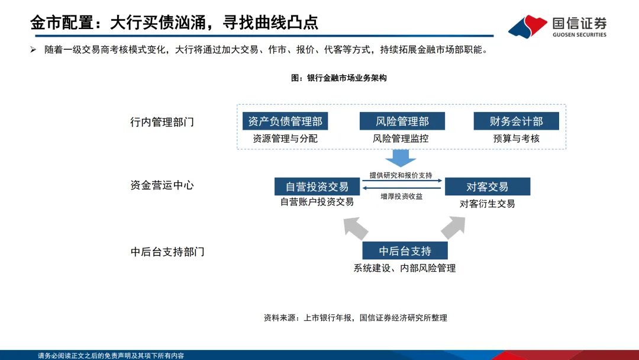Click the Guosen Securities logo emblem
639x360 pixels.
coord(527,25)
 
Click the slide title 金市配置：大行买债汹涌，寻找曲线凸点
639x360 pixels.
coord(175,22)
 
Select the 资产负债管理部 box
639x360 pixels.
coord(285,121)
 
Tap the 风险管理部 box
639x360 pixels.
coord(402,121)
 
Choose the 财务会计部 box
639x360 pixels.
coord(517,121)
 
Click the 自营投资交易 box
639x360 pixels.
coord(317,187)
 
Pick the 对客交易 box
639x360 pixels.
coord(488,187)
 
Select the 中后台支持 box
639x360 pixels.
coord(405,250)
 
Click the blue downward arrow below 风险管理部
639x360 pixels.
coord(401,157)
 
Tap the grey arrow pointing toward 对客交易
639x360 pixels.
coord(453,226)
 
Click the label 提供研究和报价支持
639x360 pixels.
coord(401,175)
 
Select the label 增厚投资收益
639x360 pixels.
coord(402,197)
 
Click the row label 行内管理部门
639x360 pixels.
coord(162,122)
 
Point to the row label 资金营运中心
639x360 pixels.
coord(162,185)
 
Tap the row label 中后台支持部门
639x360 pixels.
coord(167,252)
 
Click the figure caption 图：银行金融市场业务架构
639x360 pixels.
coord(339,78)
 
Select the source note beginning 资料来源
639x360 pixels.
coord(356,318)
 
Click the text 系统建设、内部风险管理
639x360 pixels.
coord(405,268)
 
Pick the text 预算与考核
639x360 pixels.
coord(517,139)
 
